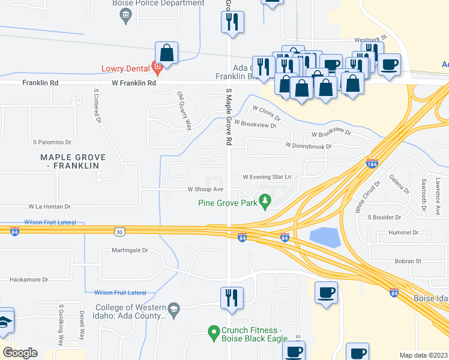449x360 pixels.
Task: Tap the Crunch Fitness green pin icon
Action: coord(212,331)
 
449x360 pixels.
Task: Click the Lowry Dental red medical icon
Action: coord(157,67)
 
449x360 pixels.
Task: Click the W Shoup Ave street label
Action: coord(205,188)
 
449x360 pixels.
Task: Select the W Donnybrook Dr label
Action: coord(308,146)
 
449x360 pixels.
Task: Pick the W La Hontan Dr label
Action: coord(49,206)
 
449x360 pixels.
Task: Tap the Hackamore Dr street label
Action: coord(29,280)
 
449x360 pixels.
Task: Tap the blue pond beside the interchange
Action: coord(324,238)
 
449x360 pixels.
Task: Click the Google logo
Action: coord(20,353)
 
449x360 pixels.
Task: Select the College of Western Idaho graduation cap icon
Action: coord(173,309)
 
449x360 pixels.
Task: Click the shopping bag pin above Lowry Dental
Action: coord(167,52)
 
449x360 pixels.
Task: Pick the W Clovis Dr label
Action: coord(267,110)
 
